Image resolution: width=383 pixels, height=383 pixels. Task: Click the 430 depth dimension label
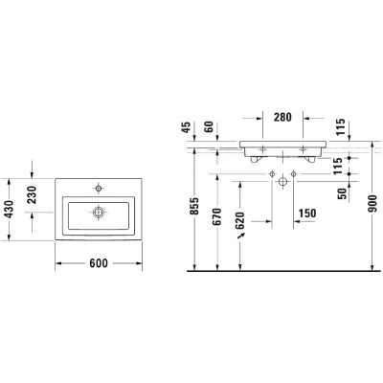click(x=10, y=210)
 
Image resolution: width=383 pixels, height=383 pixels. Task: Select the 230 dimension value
click(x=33, y=195)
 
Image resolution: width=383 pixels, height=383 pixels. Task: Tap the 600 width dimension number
click(x=99, y=263)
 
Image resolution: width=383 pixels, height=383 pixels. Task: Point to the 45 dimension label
click(x=188, y=127)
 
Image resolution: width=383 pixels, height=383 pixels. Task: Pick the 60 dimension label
click(x=209, y=127)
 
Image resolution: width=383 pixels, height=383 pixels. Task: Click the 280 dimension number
click(x=282, y=118)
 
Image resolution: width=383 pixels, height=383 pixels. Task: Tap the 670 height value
click(x=217, y=216)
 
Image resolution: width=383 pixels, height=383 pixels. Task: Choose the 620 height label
click(x=239, y=221)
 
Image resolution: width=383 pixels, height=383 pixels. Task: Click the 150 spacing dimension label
click(x=306, y=214)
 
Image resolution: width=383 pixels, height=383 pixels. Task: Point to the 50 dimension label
click(x=342, y=193)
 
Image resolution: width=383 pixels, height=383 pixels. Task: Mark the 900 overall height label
click(x=372, y=204)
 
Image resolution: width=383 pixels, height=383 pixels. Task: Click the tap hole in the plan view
click(x=99, y=189)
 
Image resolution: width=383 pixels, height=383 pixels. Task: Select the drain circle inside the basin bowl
click(x=99, y=213)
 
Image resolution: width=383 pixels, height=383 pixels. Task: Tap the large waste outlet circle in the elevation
click(x=282, y=182)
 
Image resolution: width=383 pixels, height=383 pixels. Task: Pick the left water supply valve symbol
click(x=272, y=174)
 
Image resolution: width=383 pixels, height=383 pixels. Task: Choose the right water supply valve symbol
click(x=293, y=174)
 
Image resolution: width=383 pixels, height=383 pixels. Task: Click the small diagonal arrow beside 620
click(x=241, y=237)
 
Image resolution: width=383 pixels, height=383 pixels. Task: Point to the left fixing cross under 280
click(x=262, y=148)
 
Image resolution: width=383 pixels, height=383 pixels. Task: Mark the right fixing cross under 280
click(x=303, y=148)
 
